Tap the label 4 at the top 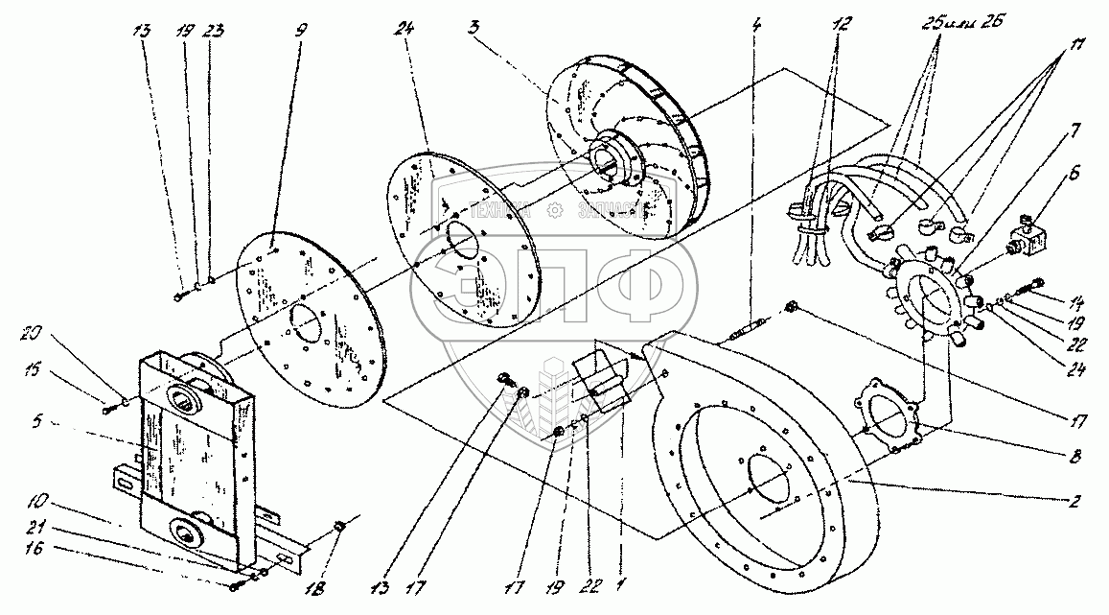[757, 25]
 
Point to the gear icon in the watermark [553, 211]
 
